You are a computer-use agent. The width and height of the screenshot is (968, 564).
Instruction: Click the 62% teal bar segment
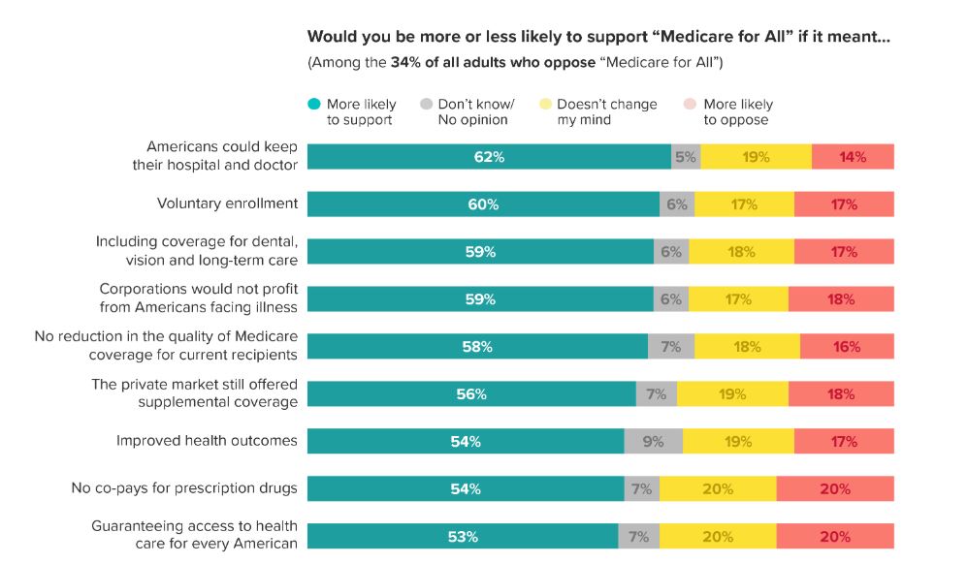tap(489, 157)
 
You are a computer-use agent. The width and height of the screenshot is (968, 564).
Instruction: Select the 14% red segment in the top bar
tap(853, 157)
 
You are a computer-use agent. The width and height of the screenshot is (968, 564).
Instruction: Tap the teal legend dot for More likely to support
tap(314, 105)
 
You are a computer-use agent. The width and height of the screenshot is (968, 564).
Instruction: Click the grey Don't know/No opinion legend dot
tap(426, 105)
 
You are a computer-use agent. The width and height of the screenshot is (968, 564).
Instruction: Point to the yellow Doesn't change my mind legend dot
tap(546, 105)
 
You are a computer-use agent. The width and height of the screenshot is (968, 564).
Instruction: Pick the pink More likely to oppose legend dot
tap(691, 105)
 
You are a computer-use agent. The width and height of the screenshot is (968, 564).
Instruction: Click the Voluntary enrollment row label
tap(227, 204)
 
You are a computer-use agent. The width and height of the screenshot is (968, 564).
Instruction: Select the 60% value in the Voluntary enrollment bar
tap(483, 204)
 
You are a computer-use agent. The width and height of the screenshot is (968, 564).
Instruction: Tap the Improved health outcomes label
tap(206, 441)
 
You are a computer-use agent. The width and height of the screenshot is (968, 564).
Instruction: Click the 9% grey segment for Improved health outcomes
tap(653, 442)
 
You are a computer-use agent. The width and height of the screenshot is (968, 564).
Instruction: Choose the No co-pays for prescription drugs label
tap(184, 488)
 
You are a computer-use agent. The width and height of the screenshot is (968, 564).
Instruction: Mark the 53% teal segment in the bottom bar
tap(463, 537)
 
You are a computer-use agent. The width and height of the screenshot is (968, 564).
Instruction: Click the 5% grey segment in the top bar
tap(686, 157)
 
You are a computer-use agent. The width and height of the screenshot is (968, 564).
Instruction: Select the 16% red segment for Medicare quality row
tap(847, 347)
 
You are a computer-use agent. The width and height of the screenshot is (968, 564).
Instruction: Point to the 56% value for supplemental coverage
tap(471, 394)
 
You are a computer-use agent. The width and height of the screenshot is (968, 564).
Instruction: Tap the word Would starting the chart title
tap(331, 38)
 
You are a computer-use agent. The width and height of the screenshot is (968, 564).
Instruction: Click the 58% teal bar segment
tap(477, 347)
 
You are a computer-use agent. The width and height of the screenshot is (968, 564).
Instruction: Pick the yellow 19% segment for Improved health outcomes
tap(737, 442)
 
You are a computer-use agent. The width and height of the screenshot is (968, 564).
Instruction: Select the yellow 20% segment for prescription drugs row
tap(718, 489)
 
